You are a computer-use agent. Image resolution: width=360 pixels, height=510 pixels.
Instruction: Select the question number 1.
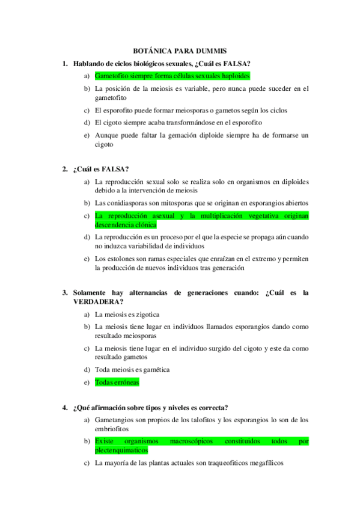64,64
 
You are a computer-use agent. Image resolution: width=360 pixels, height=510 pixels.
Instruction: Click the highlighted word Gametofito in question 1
113,76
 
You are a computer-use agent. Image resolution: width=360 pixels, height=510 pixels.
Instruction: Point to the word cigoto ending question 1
104,145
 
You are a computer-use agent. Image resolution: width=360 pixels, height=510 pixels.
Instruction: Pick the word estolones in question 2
125,258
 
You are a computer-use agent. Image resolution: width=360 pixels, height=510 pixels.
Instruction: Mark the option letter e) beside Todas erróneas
87,381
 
